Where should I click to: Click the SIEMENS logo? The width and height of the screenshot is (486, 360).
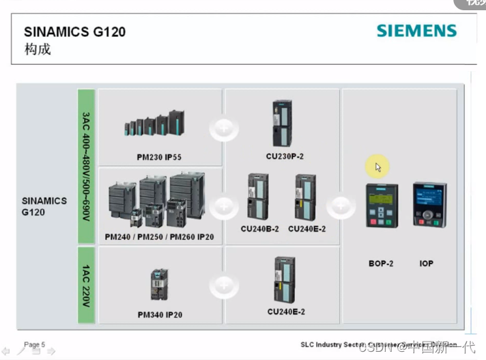[416, 31]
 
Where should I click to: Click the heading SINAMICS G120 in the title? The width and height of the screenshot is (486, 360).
[74, 31]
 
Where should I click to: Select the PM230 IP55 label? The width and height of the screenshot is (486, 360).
[159, 157]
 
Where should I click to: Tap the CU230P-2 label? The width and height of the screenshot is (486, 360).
[285, 156]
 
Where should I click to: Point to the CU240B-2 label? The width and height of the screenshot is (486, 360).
[259, 229]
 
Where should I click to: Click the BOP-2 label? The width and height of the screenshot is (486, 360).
[381, 263]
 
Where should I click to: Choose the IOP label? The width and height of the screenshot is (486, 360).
[426, 263]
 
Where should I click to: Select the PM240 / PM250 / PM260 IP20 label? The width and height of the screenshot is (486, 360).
[159, 236]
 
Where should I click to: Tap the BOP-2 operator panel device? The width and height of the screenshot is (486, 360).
[382, 205]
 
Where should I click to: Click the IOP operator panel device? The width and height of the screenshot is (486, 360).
[429, 204]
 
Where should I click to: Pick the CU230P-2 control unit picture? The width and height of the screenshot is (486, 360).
[282, 123]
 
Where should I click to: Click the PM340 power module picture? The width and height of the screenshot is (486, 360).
[159, 284]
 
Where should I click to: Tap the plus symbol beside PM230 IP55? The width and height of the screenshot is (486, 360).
[223, 128]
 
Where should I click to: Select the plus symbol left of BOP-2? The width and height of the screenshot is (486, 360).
[341, 206]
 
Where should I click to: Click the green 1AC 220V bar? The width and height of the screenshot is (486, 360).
[86, 285]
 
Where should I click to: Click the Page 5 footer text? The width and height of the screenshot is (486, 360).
[34, 345]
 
